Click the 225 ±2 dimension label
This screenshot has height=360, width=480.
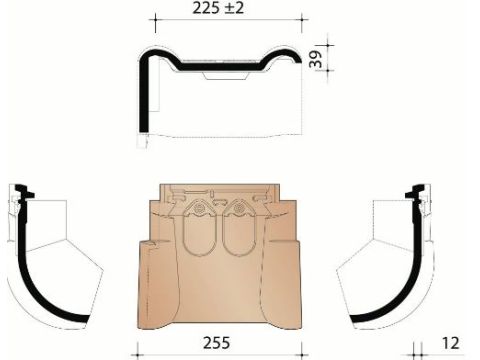point(218,8)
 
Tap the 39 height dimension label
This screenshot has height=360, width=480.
point(315,59)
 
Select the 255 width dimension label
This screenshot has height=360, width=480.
point(217,343)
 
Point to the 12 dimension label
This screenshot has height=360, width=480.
point(451,343)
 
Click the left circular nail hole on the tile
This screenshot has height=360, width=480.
point(199,209)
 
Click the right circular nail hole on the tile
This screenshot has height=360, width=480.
point(238,209)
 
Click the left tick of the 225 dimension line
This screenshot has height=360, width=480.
point(155,19)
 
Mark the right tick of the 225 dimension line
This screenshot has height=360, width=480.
point(302,19)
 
